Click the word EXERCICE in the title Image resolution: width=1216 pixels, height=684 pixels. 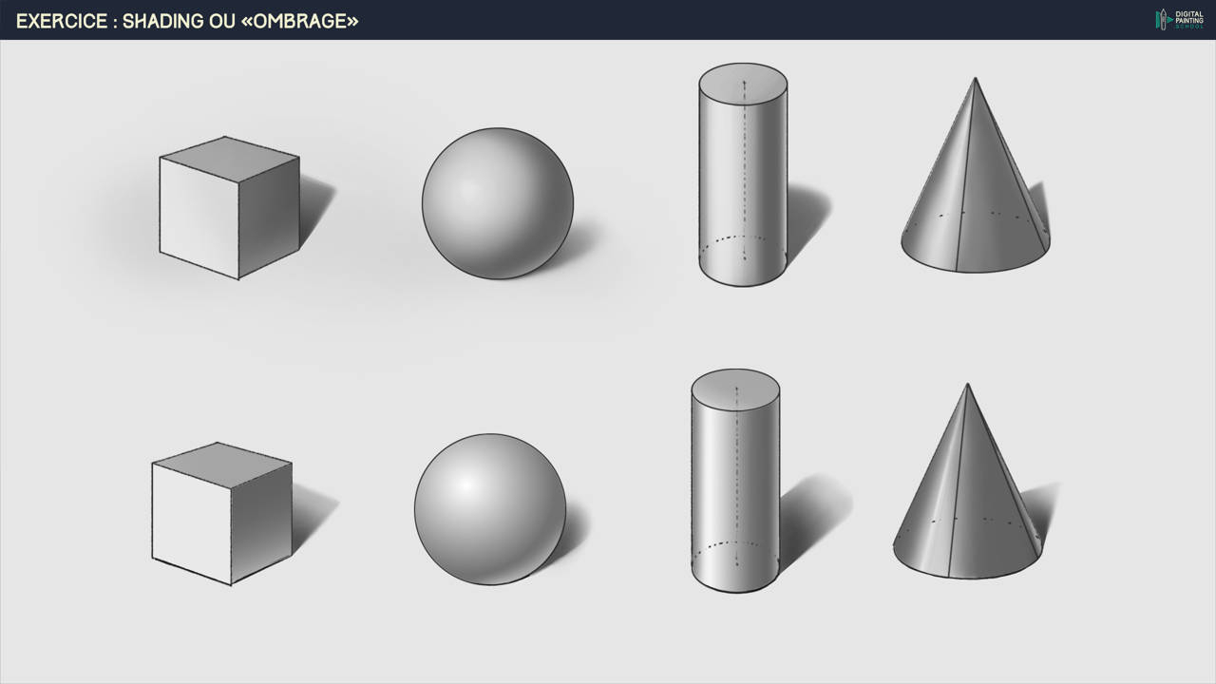(x=62, y=21)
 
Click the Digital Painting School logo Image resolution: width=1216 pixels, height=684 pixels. (x=1179, y=20)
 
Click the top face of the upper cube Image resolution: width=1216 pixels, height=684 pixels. (x=230, y=158)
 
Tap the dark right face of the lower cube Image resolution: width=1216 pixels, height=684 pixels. (x=261, y=522)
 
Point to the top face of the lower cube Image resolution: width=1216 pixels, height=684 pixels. (x=222, y=465)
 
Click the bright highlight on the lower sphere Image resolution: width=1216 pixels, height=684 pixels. (x=466, y=484)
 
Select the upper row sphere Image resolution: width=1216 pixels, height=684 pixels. (x=498, y=203)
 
